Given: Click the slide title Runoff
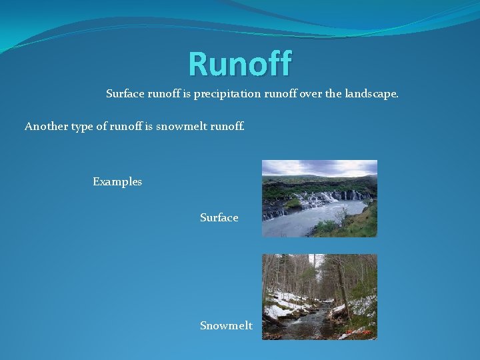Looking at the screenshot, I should [x=240, y=64].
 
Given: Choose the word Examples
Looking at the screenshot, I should [x=117, y=181].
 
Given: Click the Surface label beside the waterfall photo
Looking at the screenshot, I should [x=219, y=217].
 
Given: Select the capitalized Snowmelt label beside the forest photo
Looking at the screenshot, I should [x=226, y=325].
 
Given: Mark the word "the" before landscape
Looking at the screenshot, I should [x=335, y=95].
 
